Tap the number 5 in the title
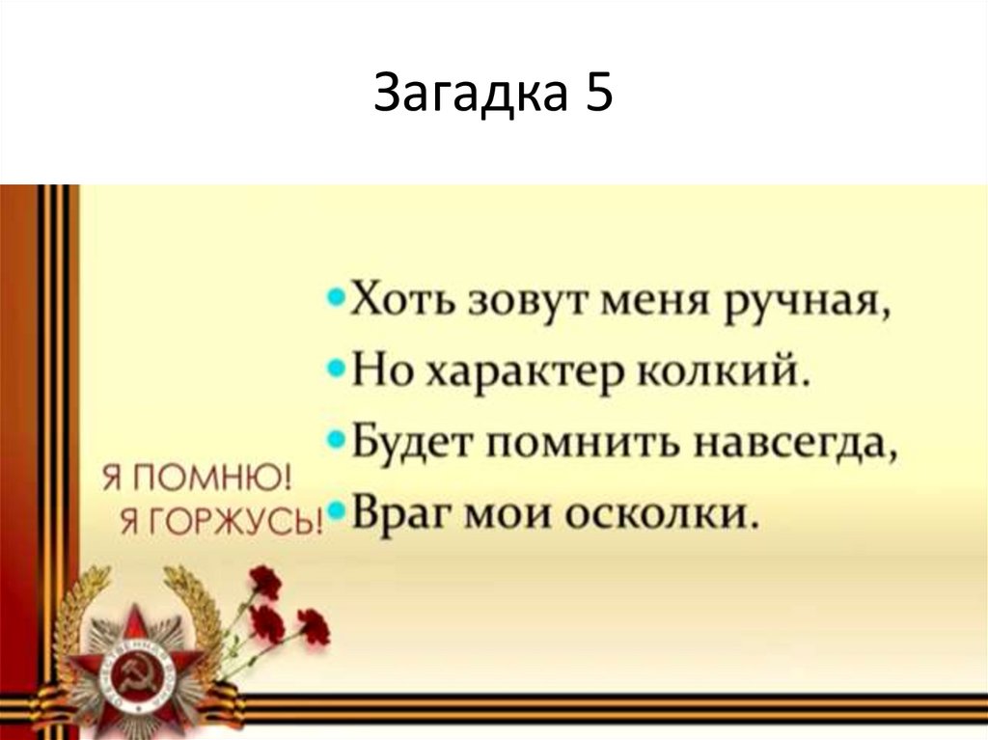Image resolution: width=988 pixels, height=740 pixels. tap(596, 96)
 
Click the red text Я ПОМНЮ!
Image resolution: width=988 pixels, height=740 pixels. tap(196, 479)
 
